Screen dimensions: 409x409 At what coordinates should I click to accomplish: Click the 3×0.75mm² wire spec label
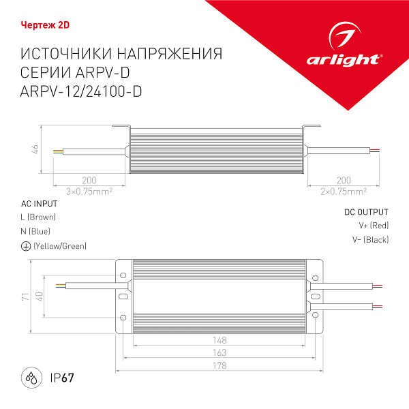pos(89,192)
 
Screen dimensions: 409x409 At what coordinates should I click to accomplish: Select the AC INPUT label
pos(40,204)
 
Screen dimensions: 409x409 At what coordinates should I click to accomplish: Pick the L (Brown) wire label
pos(39,217)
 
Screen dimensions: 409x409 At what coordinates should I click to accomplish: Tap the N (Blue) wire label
pos(36,231)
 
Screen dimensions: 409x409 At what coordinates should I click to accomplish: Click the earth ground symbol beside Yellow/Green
pos(25,246)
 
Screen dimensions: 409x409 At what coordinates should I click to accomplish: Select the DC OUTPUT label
pos(366,212)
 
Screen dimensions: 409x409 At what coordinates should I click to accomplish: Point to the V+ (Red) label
pos(374,225)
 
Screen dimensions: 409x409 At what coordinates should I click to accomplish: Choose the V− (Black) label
pos(372,239)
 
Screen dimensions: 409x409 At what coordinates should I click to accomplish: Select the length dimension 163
pos(219,353)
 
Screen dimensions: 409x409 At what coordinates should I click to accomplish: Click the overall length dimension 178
pos(219,367)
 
